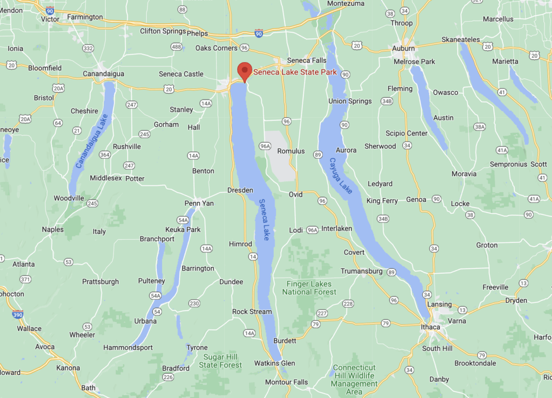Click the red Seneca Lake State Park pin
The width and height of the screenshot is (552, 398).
(x=245, y=71)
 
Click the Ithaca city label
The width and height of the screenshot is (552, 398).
(x=430, y=327)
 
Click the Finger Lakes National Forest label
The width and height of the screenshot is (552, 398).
(x=309, y=288)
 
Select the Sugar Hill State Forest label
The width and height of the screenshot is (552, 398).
(x=220, y=361)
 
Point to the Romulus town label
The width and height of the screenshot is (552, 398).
(x=291, y=151)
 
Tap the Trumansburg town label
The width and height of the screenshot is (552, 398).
(x=362, y=271)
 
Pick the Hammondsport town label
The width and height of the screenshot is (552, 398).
(x=128, y=347)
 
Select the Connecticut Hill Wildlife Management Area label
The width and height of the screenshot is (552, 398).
(x=354, y=376)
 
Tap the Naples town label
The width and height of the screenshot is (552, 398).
(x=53, y=230)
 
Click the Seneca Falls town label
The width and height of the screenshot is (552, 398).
(x=307, y=60)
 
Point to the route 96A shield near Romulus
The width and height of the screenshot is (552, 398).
(x=264, y=146)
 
